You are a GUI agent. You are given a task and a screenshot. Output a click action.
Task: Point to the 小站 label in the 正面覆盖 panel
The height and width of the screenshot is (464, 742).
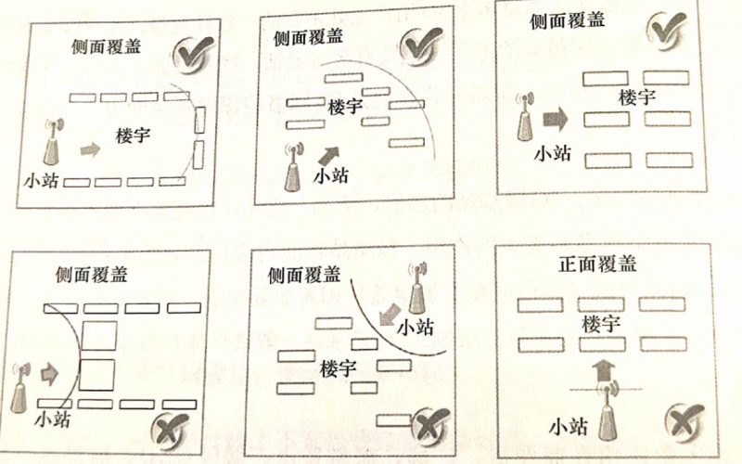tap(567, 426)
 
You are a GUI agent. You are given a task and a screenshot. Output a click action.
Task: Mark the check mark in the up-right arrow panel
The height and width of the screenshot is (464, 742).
tap(424, 45)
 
